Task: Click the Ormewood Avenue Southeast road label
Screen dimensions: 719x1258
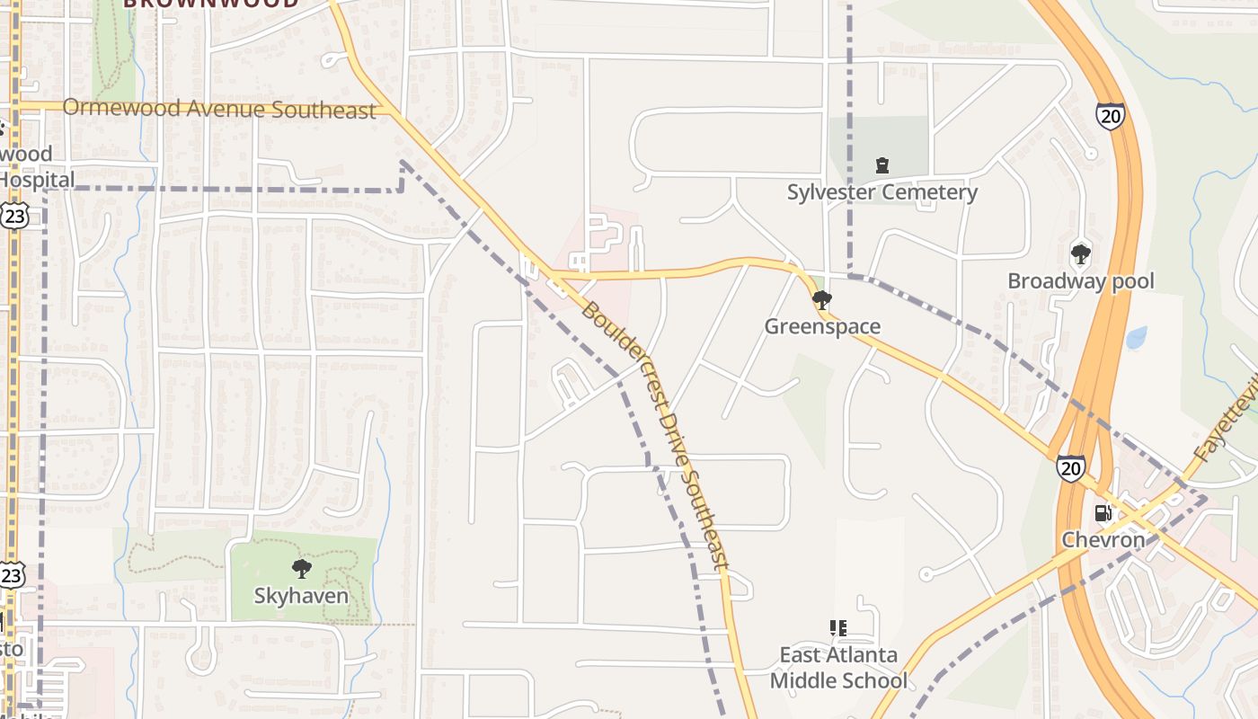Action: [x=218, y=110]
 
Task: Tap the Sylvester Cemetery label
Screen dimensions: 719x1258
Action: [x=881, y=192]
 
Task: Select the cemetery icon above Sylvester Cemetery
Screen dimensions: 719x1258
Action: [x=882, y=165]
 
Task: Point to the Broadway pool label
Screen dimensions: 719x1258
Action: [x=1080, y=281]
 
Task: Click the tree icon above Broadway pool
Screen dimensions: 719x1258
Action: [x=1080, y=254]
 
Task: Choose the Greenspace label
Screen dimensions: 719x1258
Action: [x=822, y=326]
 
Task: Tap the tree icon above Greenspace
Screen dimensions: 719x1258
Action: [x=821, y=300]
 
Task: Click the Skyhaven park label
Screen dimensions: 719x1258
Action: [x=301, y=595]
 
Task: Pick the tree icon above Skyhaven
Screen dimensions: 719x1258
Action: [x=301, y=568]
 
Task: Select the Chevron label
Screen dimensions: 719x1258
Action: [x=1103, y=540]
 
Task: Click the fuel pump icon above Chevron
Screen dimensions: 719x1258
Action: [x=1103, y=513]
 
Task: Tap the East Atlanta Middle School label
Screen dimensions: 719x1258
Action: [x=838, y=668]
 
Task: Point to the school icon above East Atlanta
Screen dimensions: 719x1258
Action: [x=838, y=627]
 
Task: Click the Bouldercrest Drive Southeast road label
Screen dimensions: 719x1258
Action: [x=653, y=436]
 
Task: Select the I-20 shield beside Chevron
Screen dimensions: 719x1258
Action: [x=1070, y=467]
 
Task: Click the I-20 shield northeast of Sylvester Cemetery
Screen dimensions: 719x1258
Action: [x=1110, y=116]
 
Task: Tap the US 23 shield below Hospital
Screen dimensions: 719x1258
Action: [x=14, y=214]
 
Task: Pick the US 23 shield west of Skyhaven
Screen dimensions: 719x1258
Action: [x=11, y=576]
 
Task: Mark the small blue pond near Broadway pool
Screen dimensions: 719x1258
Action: [x=1137, y=337]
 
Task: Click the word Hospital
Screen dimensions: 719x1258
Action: [x=36, y=179]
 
